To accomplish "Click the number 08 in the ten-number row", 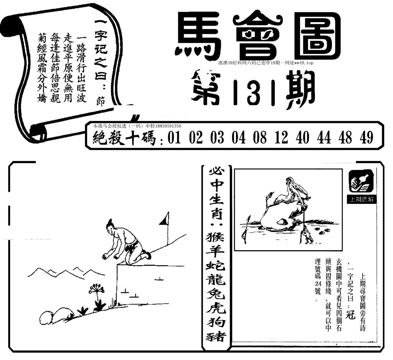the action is pos(260,138).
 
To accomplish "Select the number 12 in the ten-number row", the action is pos(281,138).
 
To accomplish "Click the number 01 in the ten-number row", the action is pos(174,138).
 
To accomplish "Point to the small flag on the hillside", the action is pos(165,219).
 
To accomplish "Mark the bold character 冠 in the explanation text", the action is pos(350,313).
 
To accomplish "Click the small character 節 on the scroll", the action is pos(100,102).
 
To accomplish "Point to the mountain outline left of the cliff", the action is pos(66,272).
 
